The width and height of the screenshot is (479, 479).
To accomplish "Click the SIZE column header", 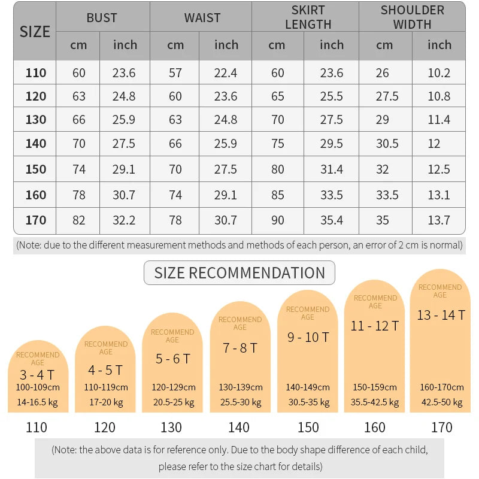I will click(35, 31).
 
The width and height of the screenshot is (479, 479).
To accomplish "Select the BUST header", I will click(102, 17).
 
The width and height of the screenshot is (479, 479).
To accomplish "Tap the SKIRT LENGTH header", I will click(308, 17).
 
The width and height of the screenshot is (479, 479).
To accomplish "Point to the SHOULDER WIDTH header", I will click(412, 17).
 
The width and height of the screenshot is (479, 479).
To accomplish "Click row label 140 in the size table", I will click(36, 144).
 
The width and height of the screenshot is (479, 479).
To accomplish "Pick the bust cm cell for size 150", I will click(79, 169).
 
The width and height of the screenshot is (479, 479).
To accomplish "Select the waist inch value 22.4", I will click(226, 73).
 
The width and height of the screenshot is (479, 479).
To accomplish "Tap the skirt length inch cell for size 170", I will click(331, 220).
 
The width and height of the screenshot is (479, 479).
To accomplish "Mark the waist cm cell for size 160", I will click(175, 195).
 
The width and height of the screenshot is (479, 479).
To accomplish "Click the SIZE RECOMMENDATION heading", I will click(239, 273).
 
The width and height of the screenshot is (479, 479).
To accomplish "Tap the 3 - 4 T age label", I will click(37, 375).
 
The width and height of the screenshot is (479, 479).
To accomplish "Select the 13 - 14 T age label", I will click(441, 315).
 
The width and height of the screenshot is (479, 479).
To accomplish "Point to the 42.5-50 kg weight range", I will click(441, 402).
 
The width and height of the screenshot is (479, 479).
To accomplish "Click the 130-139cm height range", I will click(240, 387).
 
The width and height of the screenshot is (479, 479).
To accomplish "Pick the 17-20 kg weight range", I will click(105, 402).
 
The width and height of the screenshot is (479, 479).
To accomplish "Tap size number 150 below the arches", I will click(308, 428).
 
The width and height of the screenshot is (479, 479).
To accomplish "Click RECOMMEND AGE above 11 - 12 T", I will click(375, 302).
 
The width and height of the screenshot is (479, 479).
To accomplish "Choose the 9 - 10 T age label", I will click(308, 337).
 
